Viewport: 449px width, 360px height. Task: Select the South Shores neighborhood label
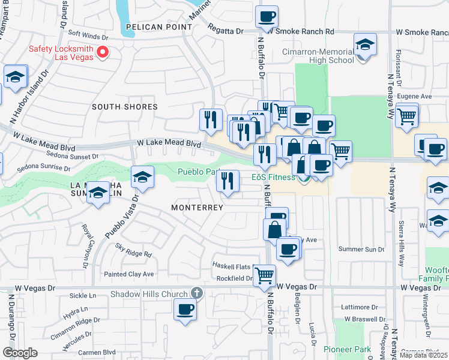click(124, 107)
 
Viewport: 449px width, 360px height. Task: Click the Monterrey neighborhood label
click(197, 208)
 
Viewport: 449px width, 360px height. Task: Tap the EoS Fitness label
click(273, 177)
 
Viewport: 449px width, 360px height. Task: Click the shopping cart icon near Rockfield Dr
click(264, 275)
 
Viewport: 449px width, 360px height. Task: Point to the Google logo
click(20, 353)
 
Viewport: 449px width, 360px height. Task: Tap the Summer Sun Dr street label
click(361, 249)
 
